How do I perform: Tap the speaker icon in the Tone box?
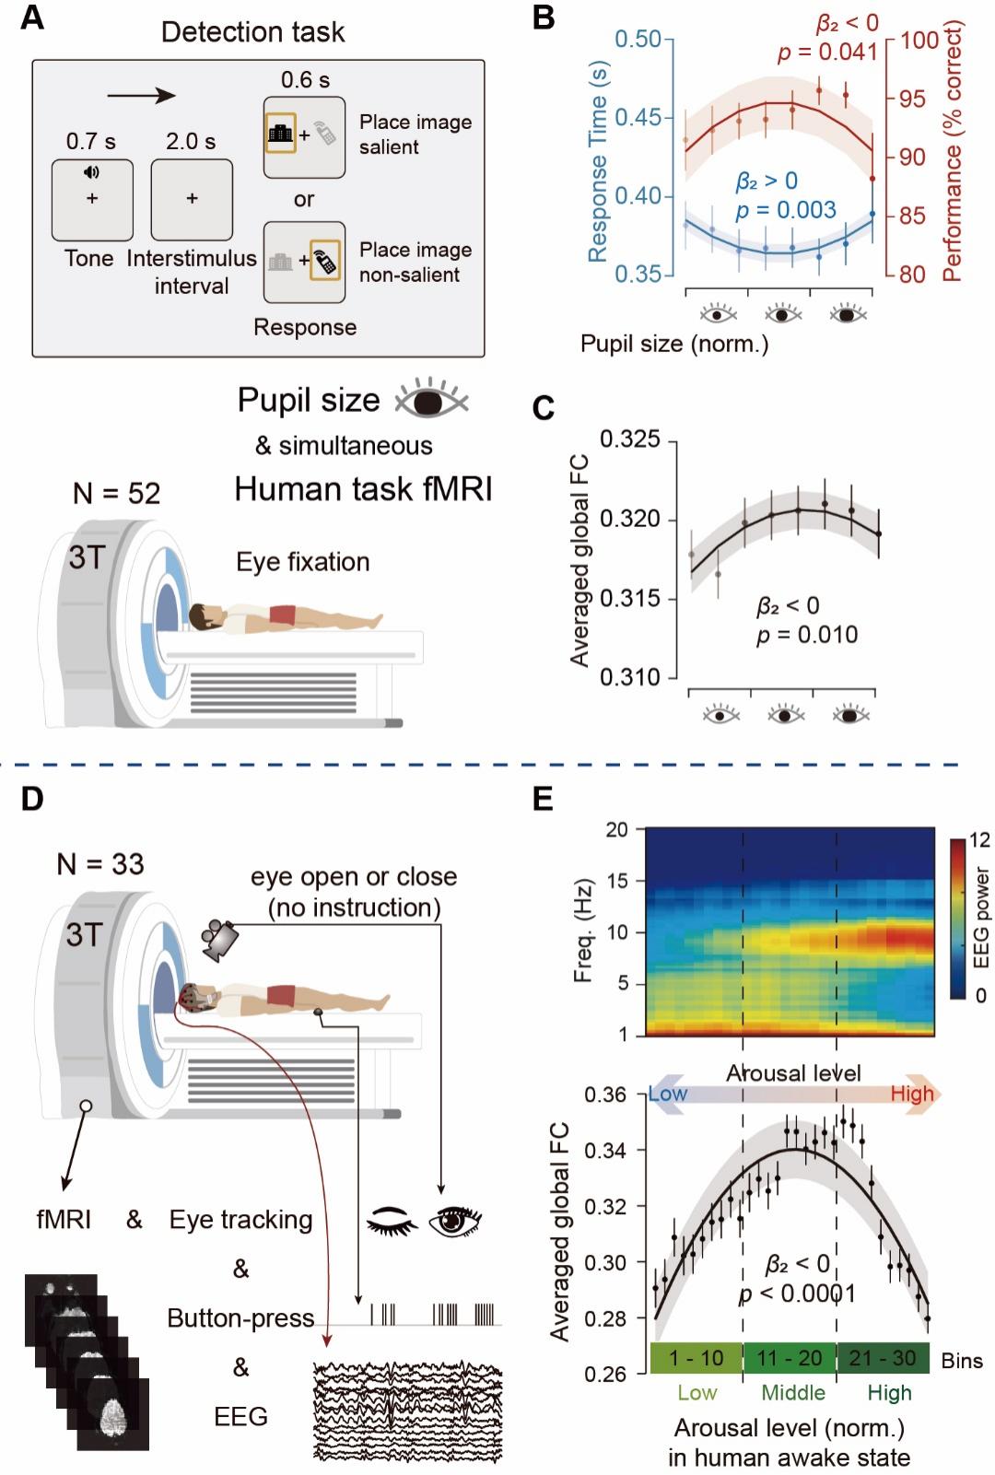coord(92,172)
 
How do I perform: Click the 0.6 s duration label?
coord(305,80)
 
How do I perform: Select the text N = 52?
coord(116,494)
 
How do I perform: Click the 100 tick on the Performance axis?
coord(919,41)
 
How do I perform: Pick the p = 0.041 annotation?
coord(827,52)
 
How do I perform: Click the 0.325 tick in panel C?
coord(630,439)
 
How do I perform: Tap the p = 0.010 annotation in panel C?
coord(807,635)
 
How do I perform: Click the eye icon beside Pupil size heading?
coord(431,400)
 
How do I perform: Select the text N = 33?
coord(100,864)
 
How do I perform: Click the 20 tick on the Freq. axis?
coord(616,829)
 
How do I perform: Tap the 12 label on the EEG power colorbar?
coord(978,840)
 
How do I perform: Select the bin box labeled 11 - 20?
coord(790,1360)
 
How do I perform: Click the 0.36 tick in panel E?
coord(607,1095)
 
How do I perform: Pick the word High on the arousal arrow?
coord(911,1094)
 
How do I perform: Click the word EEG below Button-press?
coord(240,1416)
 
